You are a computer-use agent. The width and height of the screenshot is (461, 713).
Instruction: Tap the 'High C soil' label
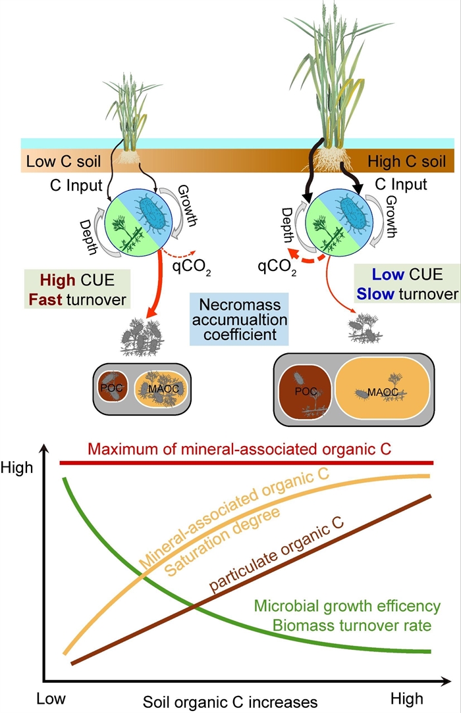[x=406, y=161]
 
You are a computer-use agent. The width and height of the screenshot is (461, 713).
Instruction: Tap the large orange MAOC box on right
[x=383, y=392]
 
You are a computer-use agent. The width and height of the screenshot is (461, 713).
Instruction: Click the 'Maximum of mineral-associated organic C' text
[x=240, y=450]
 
